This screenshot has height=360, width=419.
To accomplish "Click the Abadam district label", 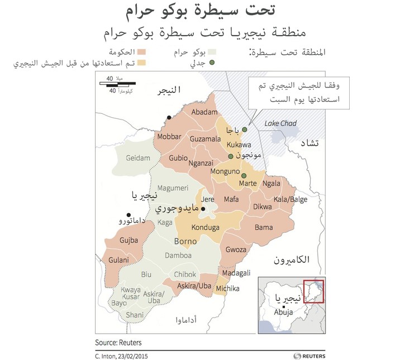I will point(204,112).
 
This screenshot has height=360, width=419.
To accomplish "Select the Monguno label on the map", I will point(225,173).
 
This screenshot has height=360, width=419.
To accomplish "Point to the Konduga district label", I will point(205,228).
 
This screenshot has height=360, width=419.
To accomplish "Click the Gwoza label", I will point(235,249).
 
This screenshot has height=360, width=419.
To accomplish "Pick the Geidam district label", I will point(139,158).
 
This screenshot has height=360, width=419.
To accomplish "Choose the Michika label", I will point(227,289).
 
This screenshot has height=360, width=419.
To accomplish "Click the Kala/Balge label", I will point(291,200).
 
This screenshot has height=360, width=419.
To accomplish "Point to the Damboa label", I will point(178,256).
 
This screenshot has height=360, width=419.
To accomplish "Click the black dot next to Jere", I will point(203,209).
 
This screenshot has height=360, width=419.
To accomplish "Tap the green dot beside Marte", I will point(244,176).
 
